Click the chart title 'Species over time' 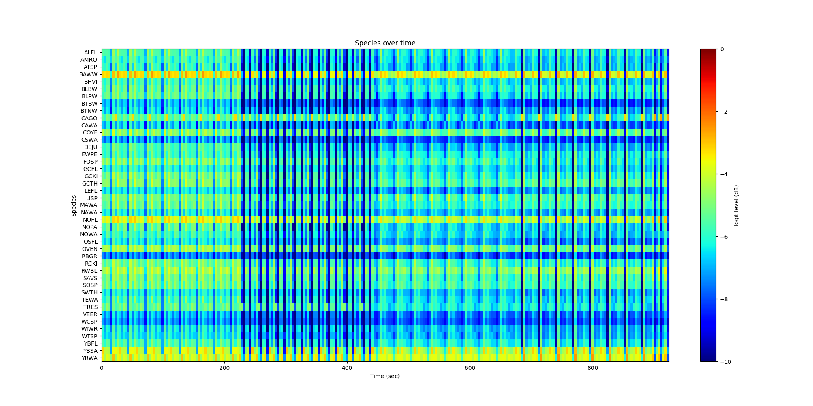(x=385, y=43)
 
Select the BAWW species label (x=88, y=74)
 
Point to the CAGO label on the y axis (x=89, y=118)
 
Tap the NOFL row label (x=90, y=220)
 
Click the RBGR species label (x=89, y=256)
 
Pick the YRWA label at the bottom (x=89, y=358)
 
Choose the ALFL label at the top (x=91, y=52)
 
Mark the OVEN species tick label (x=90, y=249)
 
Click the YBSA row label (x=90, y=351)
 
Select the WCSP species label (x=89, y=322)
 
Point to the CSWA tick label (x=89, y=140)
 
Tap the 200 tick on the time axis (x=224, y=368)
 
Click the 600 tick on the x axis (x=470, y=368)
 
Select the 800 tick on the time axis (x=593, y=368)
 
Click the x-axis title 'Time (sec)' (x=385, y=376)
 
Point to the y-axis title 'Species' (x=74, y=205)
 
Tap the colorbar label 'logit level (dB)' (x=736, y=205)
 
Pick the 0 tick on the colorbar (x=722, y=49)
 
